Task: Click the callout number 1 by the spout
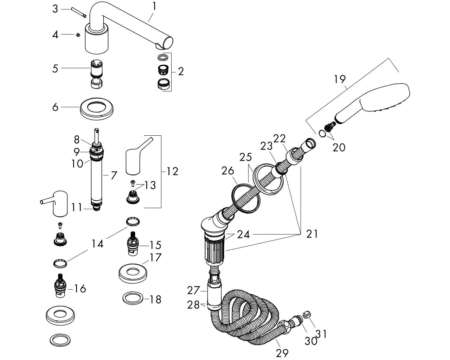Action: pyautogui.click(x=154, y=6)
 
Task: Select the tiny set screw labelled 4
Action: pyautogui.click(x=78, y=35)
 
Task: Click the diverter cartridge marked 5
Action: pyautogui.click(x=96, y=75)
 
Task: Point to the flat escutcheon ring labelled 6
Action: pyautogui.click(x=97, y=109)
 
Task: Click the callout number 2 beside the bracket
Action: pyautogui.click(x=181, y=71)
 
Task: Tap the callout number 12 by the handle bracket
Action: pyautogui.click(x=172, y=172)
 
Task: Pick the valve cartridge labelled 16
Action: pyautogui.click(x=60, y=285)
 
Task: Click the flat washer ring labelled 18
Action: pyautogui.click(x=133, y=298)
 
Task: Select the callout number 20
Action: pyautogui.click(x=339, y=148)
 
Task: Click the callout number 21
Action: pyautogui.click(x=312, y=234)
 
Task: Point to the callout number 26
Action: pyautogui.click(x=228, y=171)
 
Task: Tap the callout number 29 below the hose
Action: pyautogui.click(x=282, y=353)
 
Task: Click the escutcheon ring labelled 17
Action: pyautogui.click(x=133, y=273)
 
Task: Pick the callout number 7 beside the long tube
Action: pyautogui.click(x=114, y=175)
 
